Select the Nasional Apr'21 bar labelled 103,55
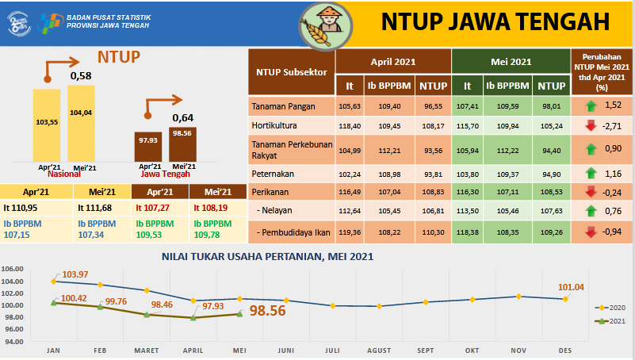[x=46, y=124]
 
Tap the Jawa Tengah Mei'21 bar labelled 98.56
[x=183, y=144]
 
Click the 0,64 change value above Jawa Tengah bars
[x=183, y=119]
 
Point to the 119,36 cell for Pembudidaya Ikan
[x=350, y=232]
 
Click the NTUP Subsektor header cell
[x=291, y=72]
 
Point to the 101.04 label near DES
[x=571, y=287]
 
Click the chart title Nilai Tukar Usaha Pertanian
[x=267, y=256]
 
